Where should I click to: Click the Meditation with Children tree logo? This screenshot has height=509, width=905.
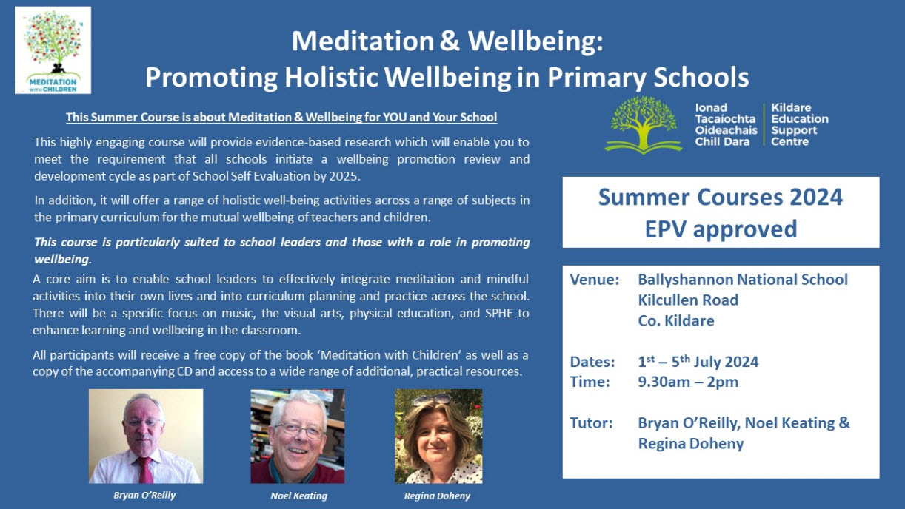pos(53,50)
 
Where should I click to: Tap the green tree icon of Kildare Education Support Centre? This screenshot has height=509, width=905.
pos(643,125)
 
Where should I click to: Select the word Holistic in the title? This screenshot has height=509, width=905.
pos(331,77)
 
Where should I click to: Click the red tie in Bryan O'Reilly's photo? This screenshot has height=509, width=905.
pos(144,470)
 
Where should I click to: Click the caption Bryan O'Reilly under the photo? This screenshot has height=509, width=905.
pos(144,495)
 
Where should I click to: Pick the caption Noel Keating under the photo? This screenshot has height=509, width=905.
pos(299,496)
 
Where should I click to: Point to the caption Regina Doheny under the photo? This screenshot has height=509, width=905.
pos(437,496)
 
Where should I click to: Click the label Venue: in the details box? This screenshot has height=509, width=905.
pos(594,280)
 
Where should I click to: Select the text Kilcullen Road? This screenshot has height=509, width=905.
pos(688,300)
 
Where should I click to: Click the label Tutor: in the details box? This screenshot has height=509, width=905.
pos(591,423)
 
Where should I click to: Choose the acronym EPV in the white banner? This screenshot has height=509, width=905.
pos(665,229)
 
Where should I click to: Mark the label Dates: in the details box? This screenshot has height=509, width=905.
pos(592,362)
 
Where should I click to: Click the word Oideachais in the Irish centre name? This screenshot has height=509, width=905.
pos(726,130)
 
